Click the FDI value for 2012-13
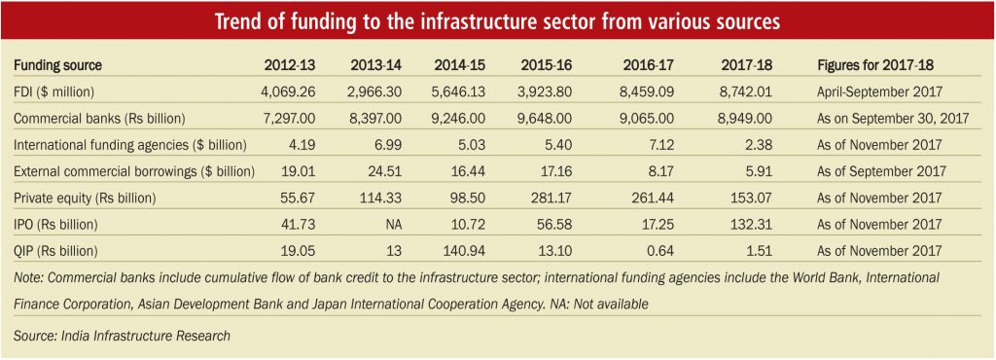pos(288,91)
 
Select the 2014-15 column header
pos(460,65)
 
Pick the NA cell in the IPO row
pos(393,225)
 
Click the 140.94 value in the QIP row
pos(465,251)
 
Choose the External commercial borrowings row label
pos(134,171)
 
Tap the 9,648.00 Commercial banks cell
pos(547,118)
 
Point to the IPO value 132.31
pos(753,225)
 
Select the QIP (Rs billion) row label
pos(55,251)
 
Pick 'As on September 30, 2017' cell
pos(893,119)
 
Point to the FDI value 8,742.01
pos(746,91)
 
